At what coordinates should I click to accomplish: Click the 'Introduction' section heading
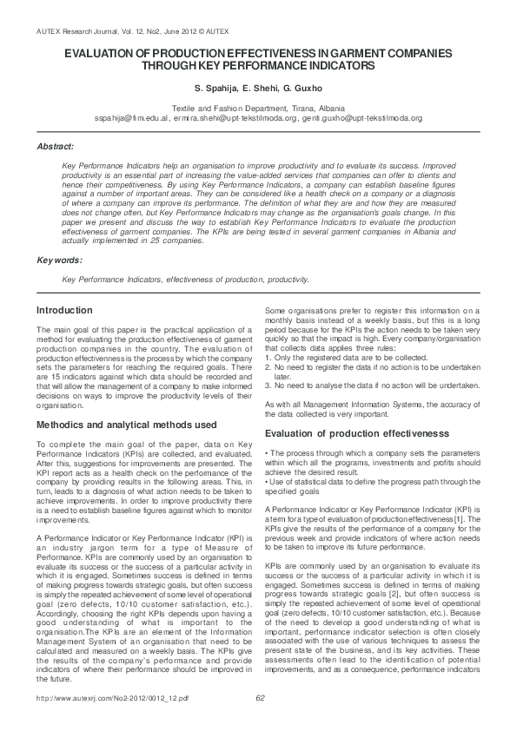pyautogui.click(x=64, y=310)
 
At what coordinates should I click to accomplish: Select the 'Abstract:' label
pyautogui.click(x=55, y=147)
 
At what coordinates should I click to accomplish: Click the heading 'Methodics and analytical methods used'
pyautogui.click(x=126, y=425)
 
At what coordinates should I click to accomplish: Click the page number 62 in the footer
pyautogui.click(x=260, y=721)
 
